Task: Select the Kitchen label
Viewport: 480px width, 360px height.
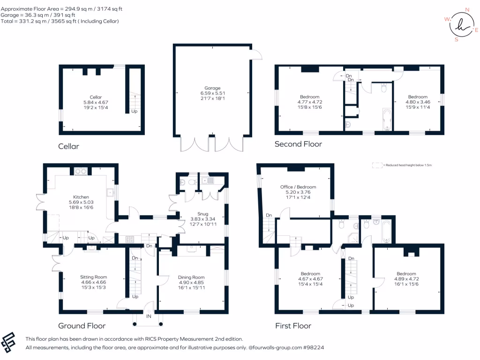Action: (x=81, y=197)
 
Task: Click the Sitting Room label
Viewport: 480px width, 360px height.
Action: (x=94, y=277)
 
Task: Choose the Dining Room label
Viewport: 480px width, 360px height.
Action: (x=192, y=277)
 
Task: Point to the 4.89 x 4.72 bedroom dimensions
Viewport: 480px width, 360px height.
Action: (x=406, y=279)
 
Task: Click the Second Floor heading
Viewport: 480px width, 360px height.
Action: (x=298, y=144)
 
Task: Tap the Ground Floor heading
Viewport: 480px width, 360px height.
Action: (x=82, y=325)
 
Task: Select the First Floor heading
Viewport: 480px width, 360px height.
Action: (x=293, y=325)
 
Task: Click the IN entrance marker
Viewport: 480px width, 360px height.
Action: (x=149, y=317)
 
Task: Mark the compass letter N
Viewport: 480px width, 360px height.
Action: (x=467, y=9)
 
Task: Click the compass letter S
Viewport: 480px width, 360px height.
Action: (x=456, y=40)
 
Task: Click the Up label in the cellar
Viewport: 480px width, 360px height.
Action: (x=135, y=112)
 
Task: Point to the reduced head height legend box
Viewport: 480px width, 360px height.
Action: (x=377, y=165)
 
